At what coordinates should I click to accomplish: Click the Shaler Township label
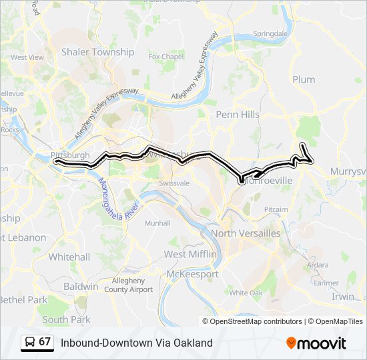[x=97, y=52]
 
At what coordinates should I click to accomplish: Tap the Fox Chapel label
[x=165, y=57]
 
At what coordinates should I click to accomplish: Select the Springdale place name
[x=270, y=33]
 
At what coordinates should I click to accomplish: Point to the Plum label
[x=304, y=79]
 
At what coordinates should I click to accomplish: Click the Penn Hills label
[x=238, y=115]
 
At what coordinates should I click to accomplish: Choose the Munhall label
[x=157, y=223]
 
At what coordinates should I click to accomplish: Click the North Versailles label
[x=246, y=233]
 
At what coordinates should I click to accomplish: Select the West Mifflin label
[x=191, y=255]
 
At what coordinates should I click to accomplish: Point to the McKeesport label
[x=192, y=274]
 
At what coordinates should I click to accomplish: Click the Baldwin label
[x=81, y=287]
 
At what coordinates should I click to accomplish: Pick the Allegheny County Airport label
[x=132, y=285]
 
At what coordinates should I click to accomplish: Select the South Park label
[x=66, y=319]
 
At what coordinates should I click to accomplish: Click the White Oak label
[x=246, y=293]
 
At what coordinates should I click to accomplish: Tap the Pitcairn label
[x=276, y=209]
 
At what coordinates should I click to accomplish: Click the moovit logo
[x=316, y=343]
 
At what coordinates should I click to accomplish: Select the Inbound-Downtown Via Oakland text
[x=136, y=343]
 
